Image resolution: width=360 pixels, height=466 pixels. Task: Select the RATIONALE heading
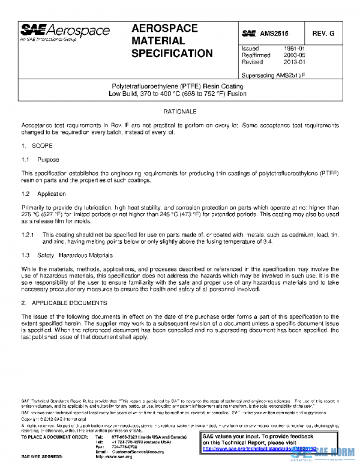pos(180,112)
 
